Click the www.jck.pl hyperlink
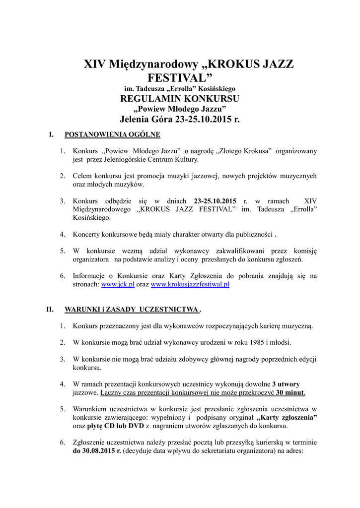(x=118, y=285)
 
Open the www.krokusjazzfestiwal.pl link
(x=190, y=285)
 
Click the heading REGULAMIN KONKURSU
(x=180, y=98)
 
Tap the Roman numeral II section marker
(x=50, y=310)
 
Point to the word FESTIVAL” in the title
(x=180, y=78)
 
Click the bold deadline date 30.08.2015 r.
(x=97, y=452)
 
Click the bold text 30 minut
(x=290, y=392)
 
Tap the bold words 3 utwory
(x=286, y=384)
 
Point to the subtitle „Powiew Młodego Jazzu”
(x=180, y=109)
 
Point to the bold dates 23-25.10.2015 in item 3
(x=215, y=201)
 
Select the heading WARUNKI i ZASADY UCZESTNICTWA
(x=131, y=310)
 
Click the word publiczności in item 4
(x=253, y=234)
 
